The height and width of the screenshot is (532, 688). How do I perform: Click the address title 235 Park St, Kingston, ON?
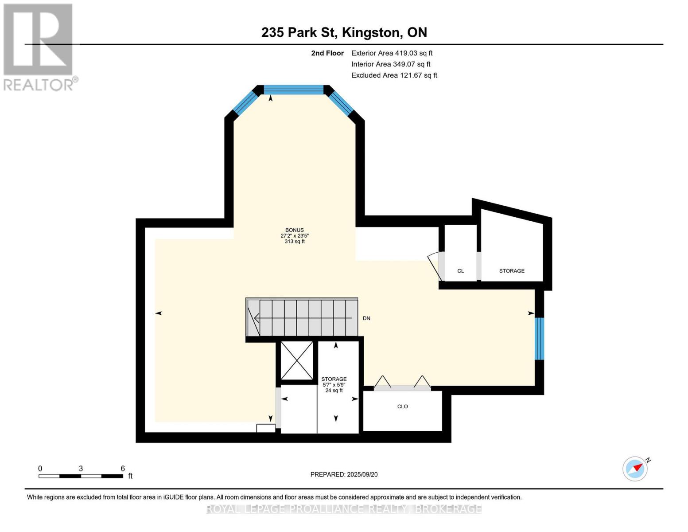point(344,32)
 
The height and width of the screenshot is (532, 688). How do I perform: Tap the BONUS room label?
point(295,230)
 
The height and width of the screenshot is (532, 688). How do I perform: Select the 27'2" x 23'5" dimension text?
point(295,236)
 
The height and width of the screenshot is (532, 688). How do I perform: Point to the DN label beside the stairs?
point(366,318)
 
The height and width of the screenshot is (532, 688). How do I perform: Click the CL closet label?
point(461,271)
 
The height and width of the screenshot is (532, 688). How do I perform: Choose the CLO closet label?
point(402,407)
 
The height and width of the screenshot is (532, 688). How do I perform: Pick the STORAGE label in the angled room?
point(512,271)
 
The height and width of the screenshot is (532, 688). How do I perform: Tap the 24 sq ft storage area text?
point(334,391)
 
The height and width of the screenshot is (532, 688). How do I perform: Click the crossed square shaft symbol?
point(297,361)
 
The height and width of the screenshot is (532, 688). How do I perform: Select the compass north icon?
point(635,468)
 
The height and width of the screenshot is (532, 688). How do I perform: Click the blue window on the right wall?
point(539,338)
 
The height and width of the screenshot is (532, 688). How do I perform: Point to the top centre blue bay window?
point(294,90)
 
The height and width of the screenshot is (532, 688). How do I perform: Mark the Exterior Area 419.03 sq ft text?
point(392,53)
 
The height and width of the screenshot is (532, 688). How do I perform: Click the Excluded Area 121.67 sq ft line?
point(394,75)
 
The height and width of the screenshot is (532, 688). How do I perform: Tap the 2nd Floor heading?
point(327,53)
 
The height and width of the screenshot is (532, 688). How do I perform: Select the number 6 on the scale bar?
point(123,469)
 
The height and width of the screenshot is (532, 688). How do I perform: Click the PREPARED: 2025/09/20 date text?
point(344,474)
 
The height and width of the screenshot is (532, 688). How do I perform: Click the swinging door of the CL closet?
point(435,266)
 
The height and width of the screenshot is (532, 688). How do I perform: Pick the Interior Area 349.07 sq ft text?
point(391,64)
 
